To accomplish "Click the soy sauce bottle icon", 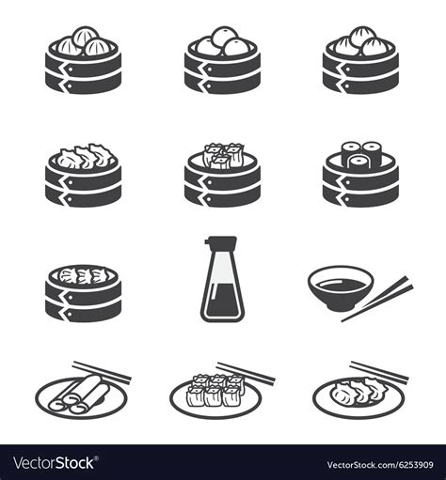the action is click(222, 279).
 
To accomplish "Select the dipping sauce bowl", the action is click(341, 288).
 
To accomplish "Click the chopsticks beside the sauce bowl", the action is click(377, 299).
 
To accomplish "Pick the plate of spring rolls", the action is click(82, 397).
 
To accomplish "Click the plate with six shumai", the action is click(215, 397).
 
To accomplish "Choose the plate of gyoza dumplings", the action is click(358, 397).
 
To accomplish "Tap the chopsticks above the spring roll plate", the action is click(102, 371).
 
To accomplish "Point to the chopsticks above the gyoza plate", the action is click(379, 371).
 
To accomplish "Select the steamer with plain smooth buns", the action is click(222, 60).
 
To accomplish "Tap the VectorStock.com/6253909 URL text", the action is click(380, 465).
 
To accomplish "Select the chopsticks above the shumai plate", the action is click(247, 373).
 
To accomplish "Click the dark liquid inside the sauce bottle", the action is click(222, 300).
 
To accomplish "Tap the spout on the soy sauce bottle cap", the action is click(207, 241).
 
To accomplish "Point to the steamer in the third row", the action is click(83, 293).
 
